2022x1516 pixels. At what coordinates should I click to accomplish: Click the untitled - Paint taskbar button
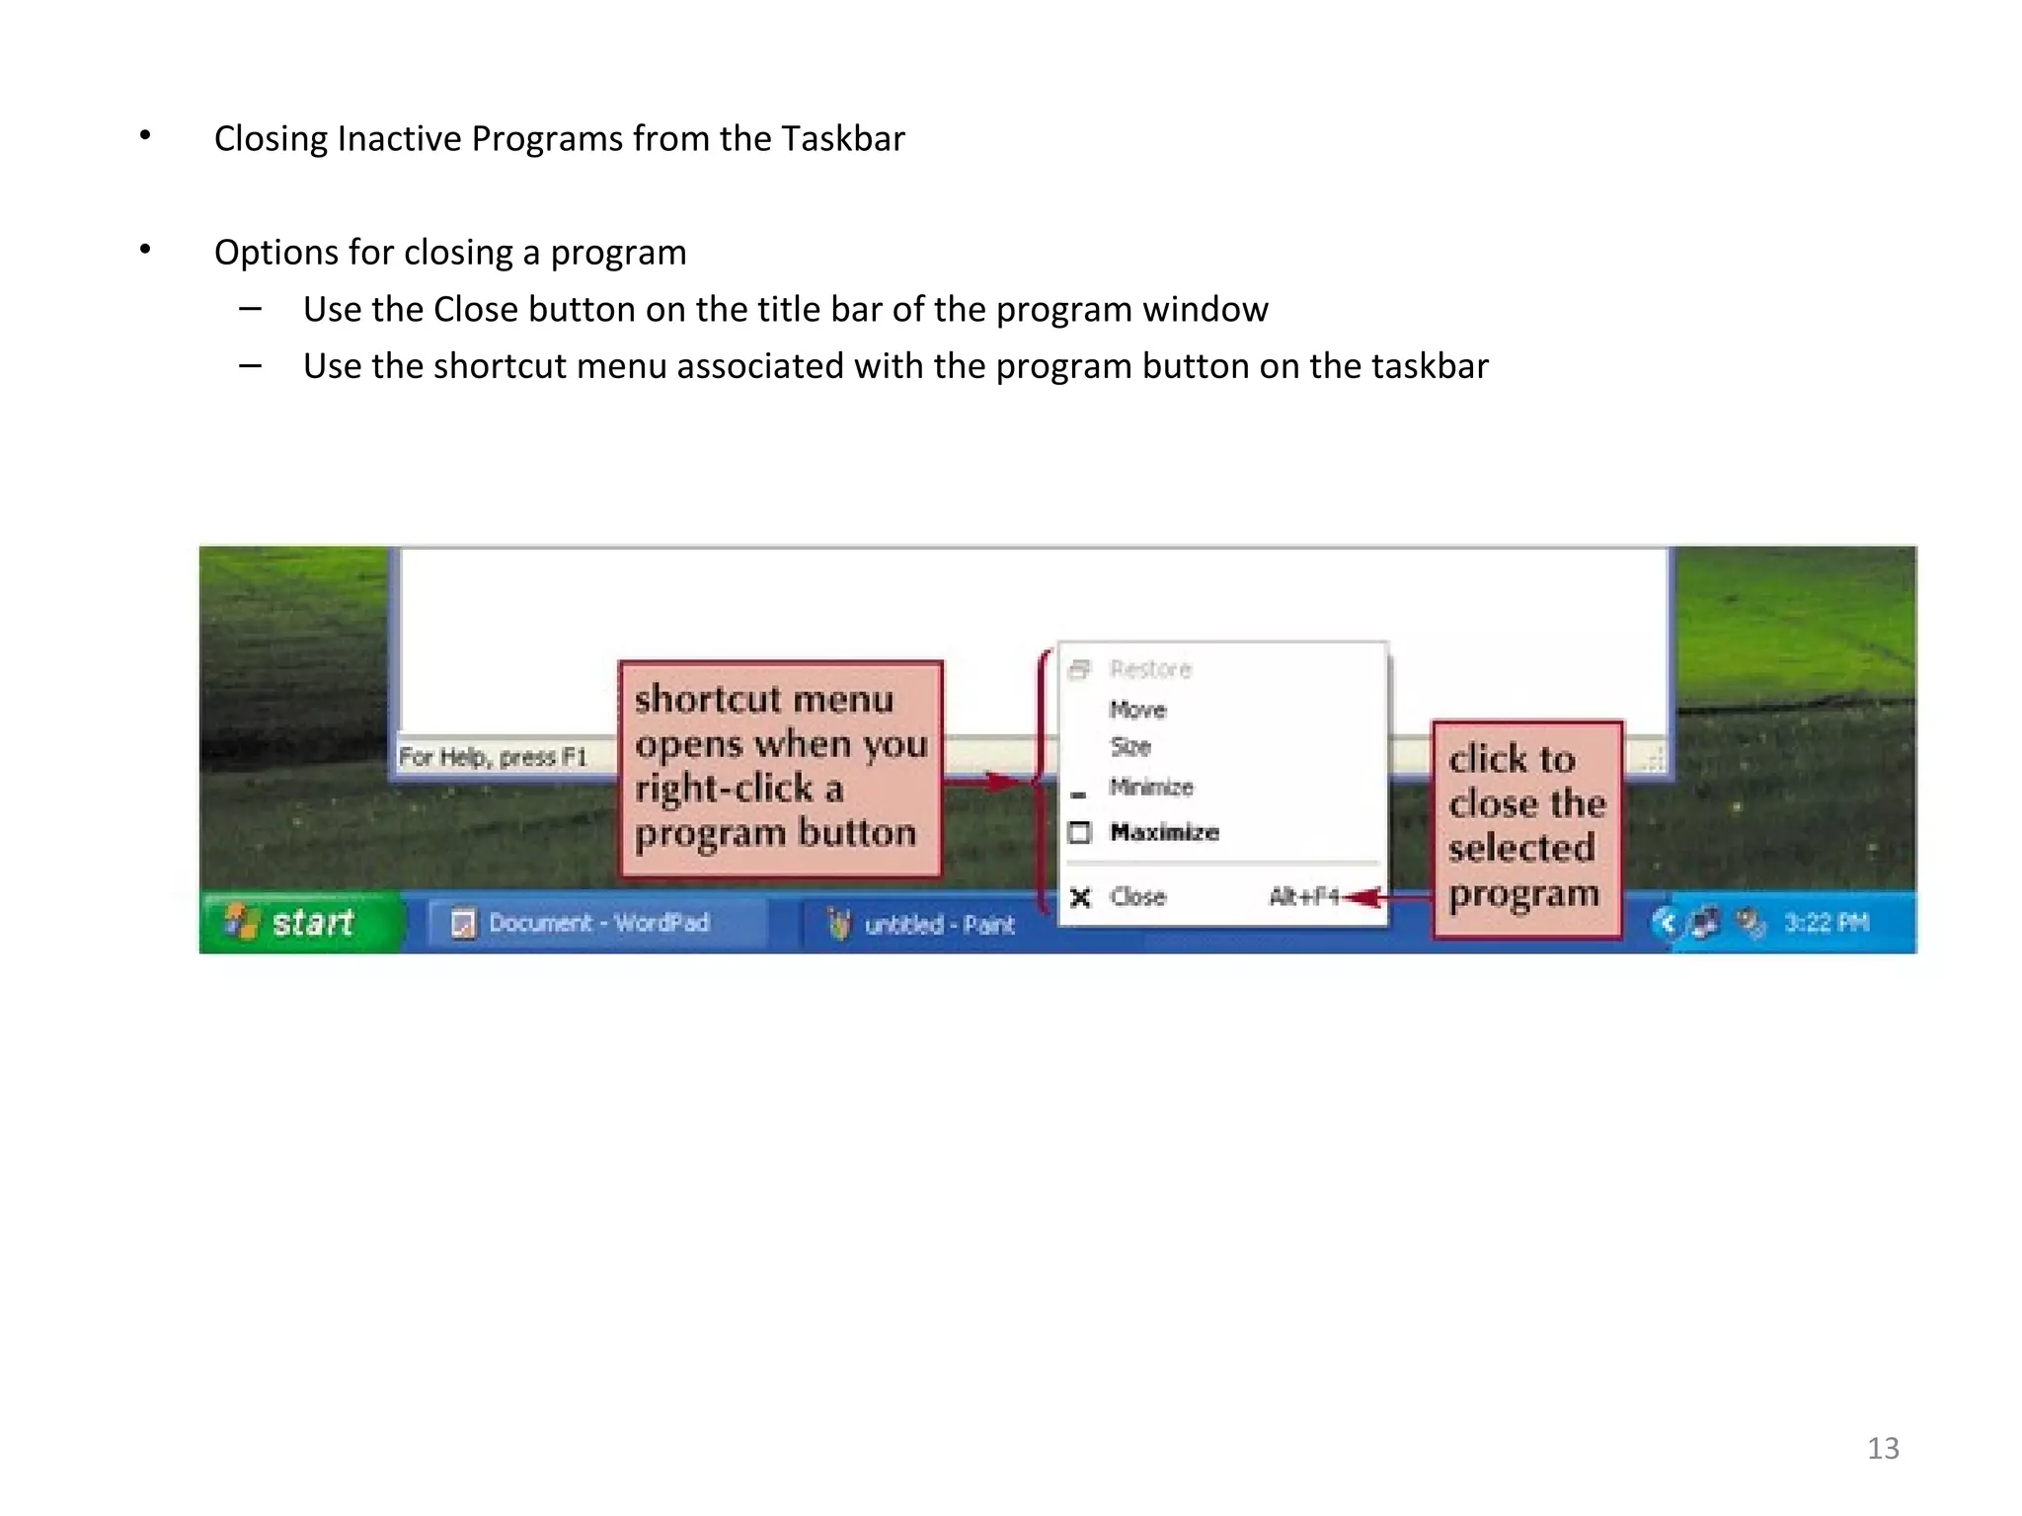922,925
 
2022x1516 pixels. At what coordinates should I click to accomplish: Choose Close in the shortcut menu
1138,897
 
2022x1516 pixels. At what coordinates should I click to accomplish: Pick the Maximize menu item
1164,832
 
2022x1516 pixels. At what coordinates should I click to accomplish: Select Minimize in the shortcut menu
1151,787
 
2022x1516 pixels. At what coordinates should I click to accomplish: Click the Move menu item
1137,710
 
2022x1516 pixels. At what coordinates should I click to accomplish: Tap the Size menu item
1130,746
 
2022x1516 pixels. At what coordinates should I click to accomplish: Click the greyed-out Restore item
1150,669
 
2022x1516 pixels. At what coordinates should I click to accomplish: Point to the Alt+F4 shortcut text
1303,897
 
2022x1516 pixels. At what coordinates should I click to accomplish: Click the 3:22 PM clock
1827,923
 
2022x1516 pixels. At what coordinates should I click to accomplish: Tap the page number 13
1883,1448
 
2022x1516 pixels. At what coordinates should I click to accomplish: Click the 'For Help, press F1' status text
493,757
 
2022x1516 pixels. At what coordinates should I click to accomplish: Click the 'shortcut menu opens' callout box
780,767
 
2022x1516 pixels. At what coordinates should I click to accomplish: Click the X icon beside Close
1081,897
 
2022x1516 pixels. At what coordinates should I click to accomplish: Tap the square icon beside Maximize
1080,833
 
